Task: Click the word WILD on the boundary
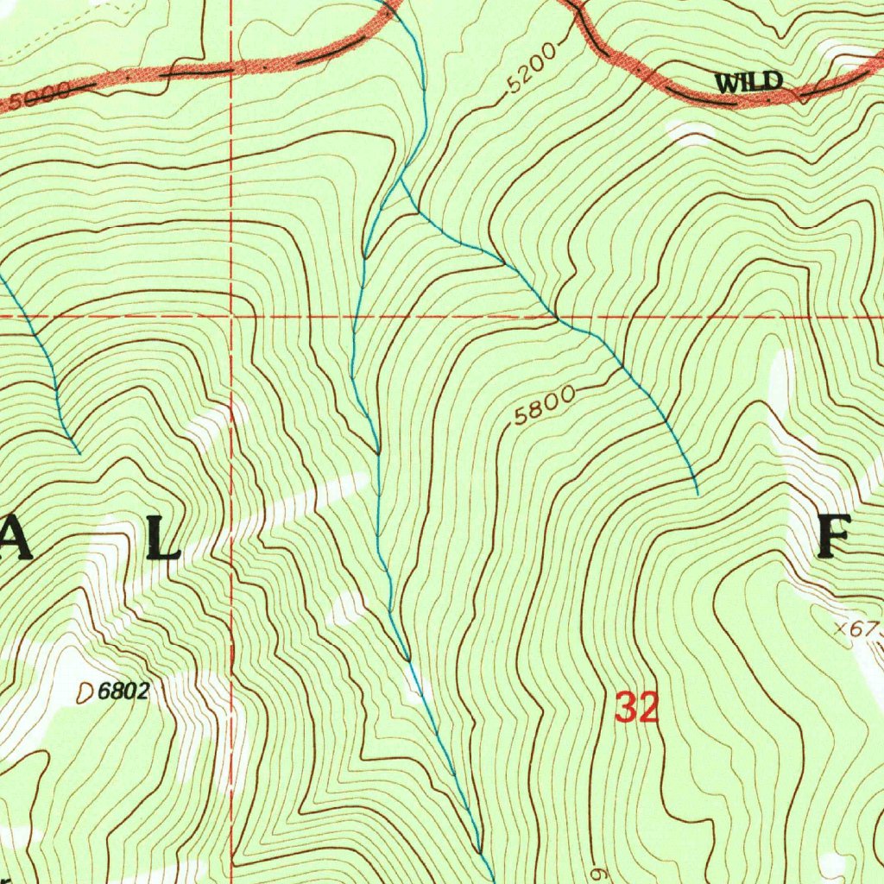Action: coord(748,83)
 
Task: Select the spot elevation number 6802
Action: coord(124,691)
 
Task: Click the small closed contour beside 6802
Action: coord(85,691)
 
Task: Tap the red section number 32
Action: coord(637,709)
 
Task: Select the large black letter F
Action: coord(835,537)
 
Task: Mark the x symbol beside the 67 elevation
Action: coord(843,629)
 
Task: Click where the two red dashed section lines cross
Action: coord(232,317)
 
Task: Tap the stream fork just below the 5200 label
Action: coord(400,180)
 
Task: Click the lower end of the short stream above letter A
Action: coord(79,452)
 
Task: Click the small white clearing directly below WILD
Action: coord(691,132)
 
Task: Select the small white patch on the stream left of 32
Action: coord(419,686)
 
